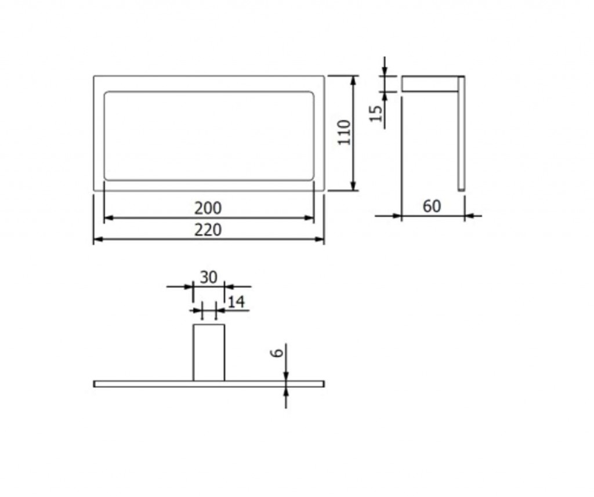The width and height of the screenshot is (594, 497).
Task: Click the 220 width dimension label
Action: pos(208,230)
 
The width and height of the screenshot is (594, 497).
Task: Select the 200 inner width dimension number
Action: pos(208,208)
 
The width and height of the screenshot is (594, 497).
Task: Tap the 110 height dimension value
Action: pos(345,132)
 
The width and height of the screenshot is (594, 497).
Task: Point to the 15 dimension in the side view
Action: pos(375,113)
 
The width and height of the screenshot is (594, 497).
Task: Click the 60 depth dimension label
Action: pos(432,206)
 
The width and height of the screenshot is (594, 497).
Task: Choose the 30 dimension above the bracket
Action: pos(209,278)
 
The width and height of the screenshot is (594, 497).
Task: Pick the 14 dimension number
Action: pos(237,302)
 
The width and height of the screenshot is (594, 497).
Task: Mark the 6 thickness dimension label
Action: pos(277,353)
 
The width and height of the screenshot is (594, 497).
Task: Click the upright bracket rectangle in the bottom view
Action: pos(209,353)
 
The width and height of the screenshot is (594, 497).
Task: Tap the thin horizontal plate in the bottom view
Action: pos(209,384)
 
